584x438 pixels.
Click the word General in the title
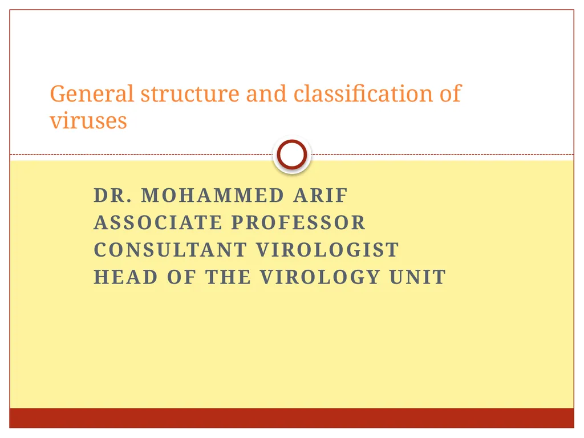click(x=92, y=94)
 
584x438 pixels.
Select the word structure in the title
click(x=190, y=94)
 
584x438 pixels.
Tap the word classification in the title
click(x=363, y=94)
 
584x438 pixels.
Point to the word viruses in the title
click(x=88, y=121)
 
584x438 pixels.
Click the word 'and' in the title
click(x=266, y=94)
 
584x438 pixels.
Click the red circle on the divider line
click(x=291, y=155)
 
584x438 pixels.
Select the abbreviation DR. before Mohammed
click(x=113, y=196)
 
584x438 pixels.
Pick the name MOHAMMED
click(x=212, y=196)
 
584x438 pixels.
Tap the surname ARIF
click(x=321, y=196)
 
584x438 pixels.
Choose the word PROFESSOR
click(x=298, y=222)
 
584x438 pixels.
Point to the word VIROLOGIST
click(x=327, y=250)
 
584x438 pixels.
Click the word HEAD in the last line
click(x=125, y=277)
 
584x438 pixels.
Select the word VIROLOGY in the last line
click(x=320, y=277)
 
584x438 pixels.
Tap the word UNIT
click(x=417, y=277)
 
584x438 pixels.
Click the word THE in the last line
click(x=228, y=277)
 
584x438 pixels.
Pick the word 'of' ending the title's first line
click(x=450, y=94)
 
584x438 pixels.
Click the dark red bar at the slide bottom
click(x=291, y=418)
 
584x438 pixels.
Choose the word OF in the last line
click(x=181, y=277)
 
